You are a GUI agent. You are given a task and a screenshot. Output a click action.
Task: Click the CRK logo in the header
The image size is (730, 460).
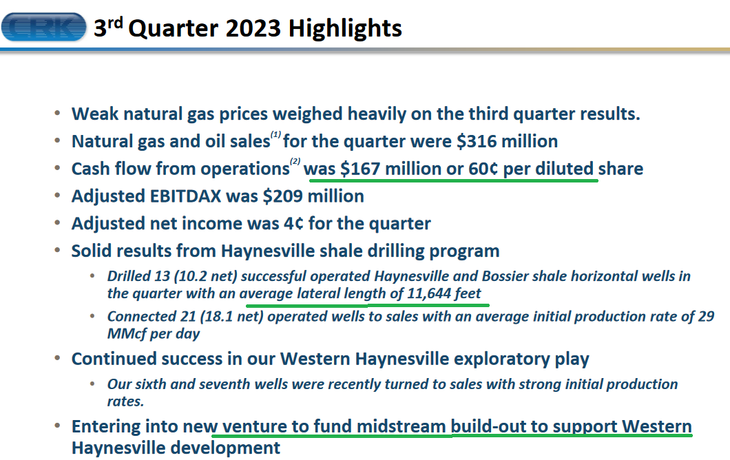click(44, 27)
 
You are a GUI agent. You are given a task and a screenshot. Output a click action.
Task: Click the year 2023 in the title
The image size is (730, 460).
click(253, 28)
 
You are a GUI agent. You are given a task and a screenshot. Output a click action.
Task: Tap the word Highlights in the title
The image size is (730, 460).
click(345, 29)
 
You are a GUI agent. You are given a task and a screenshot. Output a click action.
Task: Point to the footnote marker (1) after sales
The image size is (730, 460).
click(276, 134)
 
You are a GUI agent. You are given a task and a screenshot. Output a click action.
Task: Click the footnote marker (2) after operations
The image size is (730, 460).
click(295, 162)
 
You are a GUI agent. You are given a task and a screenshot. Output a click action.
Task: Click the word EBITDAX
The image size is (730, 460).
click(185, 196)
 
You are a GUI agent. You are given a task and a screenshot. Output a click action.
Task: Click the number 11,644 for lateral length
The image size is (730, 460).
click(429, 293)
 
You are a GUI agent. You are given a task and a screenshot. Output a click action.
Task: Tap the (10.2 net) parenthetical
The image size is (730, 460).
click(205, 276)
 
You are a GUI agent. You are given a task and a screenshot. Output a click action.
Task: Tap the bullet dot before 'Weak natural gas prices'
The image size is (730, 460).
click(57, 113)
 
